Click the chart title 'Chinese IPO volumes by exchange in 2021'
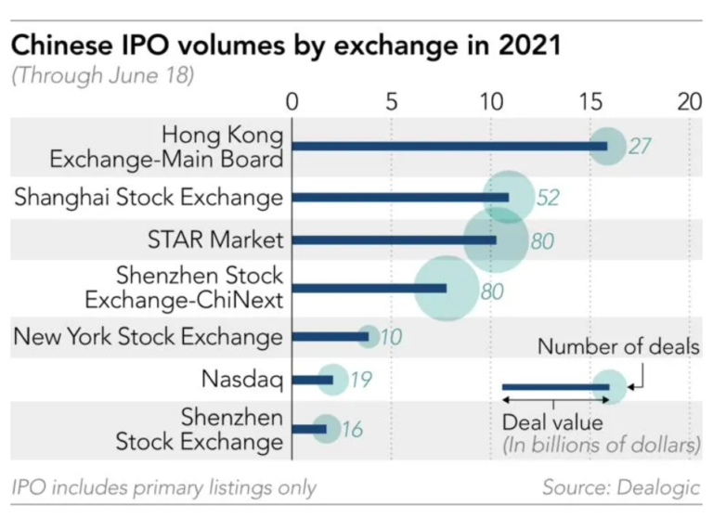[x=286, y=45]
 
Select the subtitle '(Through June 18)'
[x=102, y=76]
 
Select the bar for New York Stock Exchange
[x=331, y=336]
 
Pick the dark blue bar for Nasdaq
[x=313, y=379]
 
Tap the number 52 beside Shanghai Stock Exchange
[x=549, y=198]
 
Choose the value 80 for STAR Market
[x=542, y=241]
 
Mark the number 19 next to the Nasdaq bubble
[x=360, y=380]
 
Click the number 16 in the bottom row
[x=351, y=430]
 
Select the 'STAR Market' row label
[x=214, y=240]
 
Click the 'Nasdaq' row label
[x=240, y=379]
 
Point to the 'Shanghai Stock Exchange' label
[x=149, y=197]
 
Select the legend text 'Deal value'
[x=552, y=423]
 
